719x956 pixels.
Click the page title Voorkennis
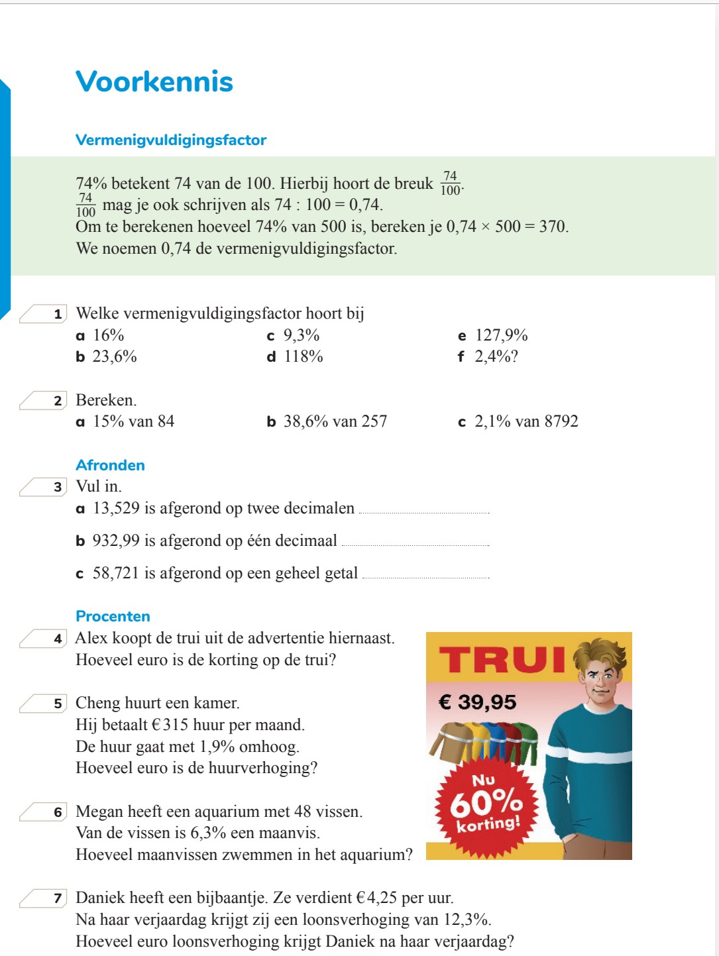[154, 81]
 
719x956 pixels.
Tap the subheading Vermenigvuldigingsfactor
[171, 140]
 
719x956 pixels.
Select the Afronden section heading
[110, 465]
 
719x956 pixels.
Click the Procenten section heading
[113, 616]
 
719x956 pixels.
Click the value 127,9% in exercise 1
[501, 335]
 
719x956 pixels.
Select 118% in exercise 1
[304, 356]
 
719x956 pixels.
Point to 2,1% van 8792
[526, 421]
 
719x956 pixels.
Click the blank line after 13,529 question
[423, 511]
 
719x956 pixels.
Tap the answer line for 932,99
[415, 544]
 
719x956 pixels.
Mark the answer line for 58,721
[426, 576]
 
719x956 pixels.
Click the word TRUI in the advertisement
[502, 660]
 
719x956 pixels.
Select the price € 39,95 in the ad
[477, 702]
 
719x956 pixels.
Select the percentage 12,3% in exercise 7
[468, 920]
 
